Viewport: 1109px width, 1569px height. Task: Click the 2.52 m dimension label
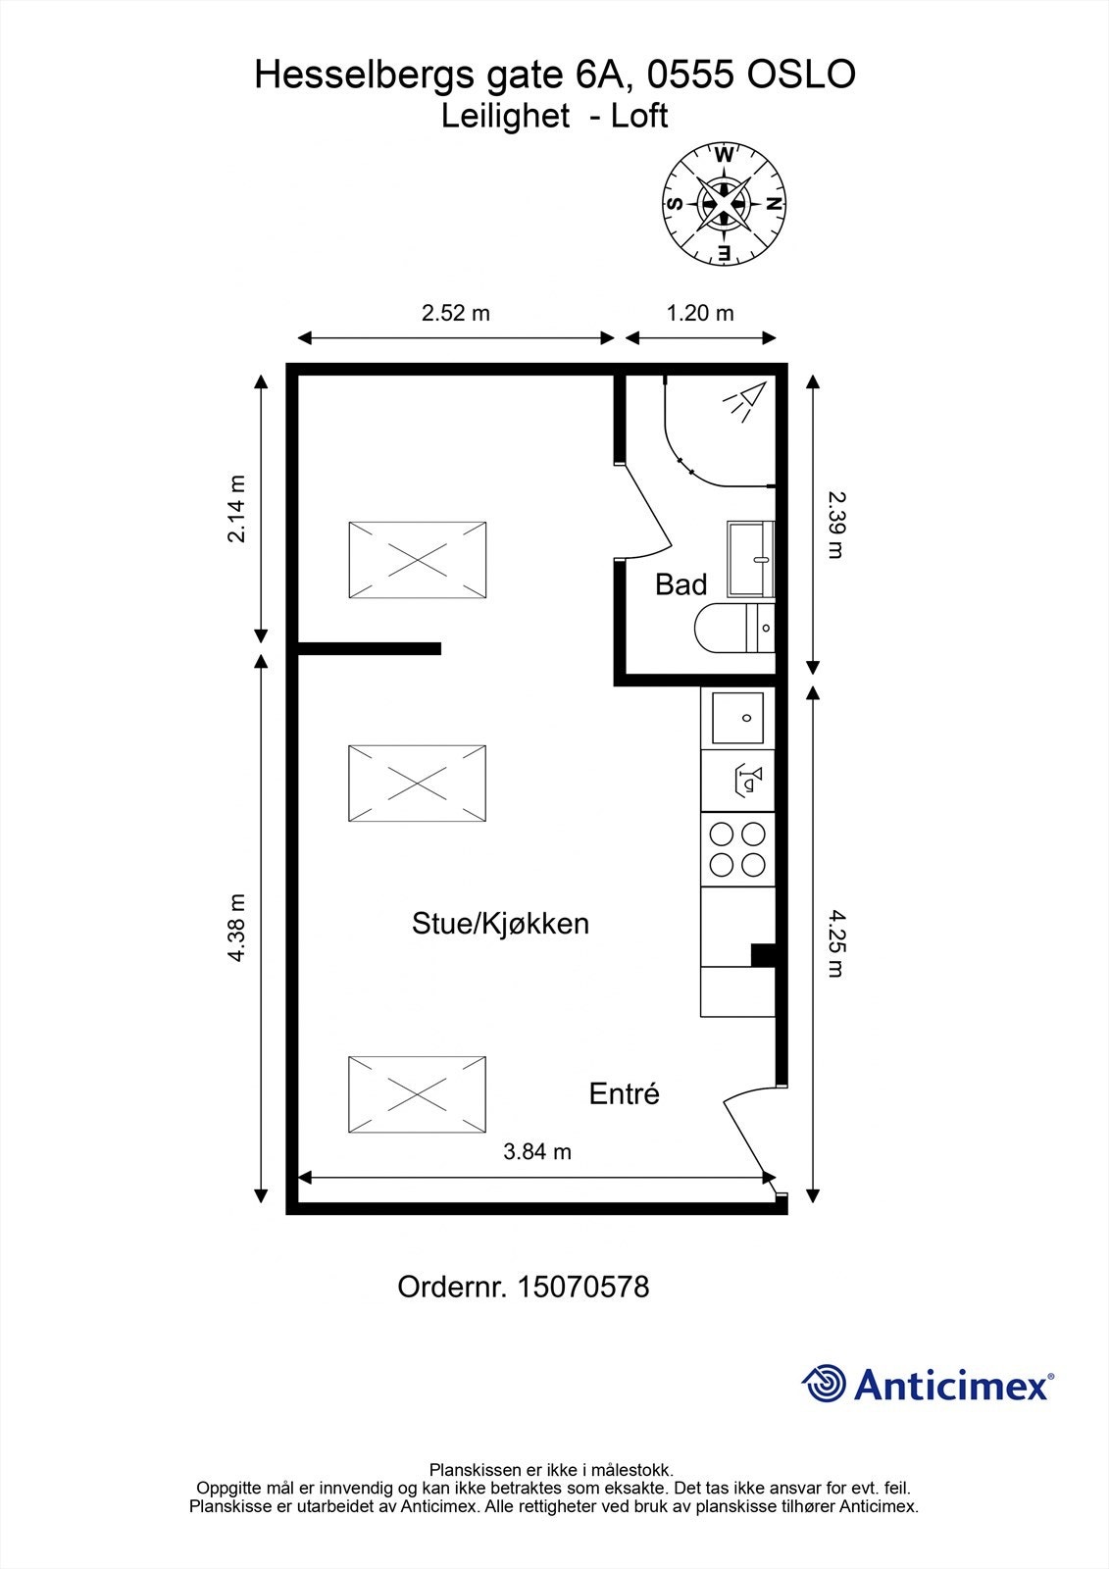point(455,313)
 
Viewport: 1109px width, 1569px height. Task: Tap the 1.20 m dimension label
point(700,313)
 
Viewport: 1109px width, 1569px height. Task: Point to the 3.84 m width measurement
point(537,1151)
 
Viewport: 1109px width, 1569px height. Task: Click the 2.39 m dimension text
point(836,525)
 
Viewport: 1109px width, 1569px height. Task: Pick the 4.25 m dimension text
point(836,943)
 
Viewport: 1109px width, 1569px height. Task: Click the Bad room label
point(681,584)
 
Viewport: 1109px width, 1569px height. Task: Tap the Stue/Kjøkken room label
point(500,924)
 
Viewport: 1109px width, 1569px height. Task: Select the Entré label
point(625,1093)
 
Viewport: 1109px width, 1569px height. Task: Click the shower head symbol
point(744,401)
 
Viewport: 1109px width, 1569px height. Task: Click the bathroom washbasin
point(750,559)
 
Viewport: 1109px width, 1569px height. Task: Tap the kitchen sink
point(737,718)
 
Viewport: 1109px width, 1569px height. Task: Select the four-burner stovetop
point(737,849)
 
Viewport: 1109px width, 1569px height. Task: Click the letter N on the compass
point(774,204)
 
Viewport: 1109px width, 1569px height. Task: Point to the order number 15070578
point(582,1286)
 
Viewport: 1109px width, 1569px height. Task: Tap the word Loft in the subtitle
point(639,116)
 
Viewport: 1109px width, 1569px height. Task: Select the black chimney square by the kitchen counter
point(763,955)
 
